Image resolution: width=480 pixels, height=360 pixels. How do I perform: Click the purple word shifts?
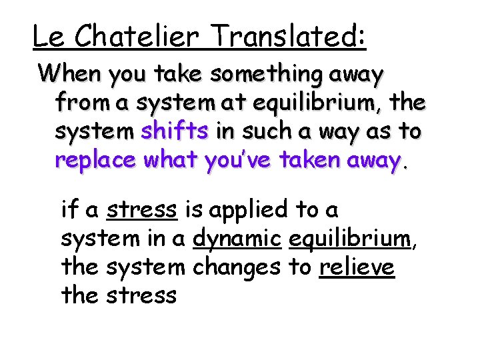(175, 131)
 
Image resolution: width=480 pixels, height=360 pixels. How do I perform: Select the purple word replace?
(95, 161)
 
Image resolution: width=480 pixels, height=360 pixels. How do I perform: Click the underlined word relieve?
(357, 267)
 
